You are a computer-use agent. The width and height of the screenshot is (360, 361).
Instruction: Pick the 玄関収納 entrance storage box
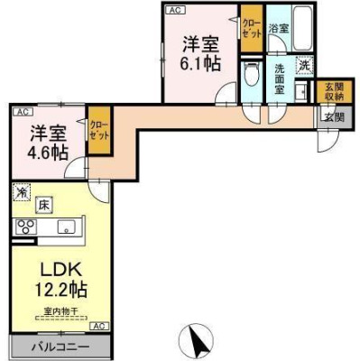pos(333,92)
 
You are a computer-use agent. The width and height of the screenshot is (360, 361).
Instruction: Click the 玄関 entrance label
pos(333,116)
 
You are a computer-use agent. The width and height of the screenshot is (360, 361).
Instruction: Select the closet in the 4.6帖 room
pos(97,132)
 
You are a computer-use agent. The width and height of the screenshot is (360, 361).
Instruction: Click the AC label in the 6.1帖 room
pos(174,10)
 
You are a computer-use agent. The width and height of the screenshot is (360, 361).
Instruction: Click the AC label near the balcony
pos(98,325)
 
